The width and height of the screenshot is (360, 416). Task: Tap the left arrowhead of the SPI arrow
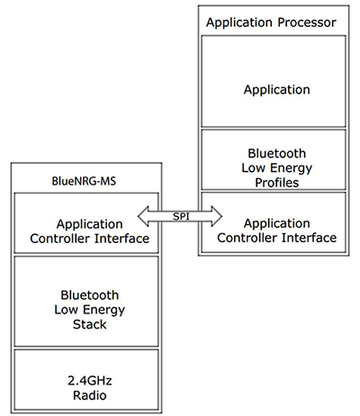(x=141, y=216)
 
